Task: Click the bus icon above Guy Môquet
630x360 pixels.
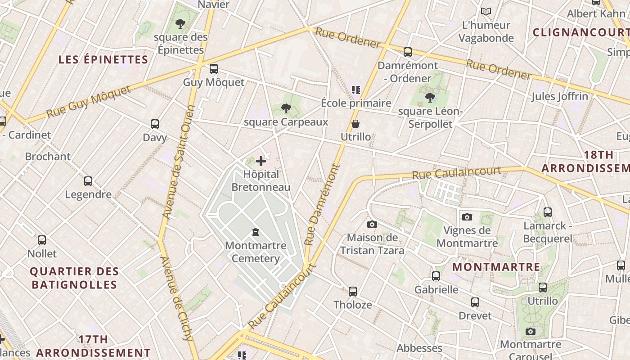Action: click(214, 69)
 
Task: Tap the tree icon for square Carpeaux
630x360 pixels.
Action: click(285, 108)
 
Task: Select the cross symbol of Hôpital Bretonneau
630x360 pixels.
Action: click(261, 161)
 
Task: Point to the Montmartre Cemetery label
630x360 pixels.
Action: click(256, 252)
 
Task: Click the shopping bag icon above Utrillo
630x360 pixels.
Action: click(355, 123)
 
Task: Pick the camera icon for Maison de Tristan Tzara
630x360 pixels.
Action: click(372, 224)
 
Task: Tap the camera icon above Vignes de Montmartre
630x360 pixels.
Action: click(467, 217)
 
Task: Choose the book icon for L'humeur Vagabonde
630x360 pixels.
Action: click(486, 12)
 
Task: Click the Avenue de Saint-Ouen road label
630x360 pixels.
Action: click(179, 162)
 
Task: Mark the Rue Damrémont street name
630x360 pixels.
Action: click(323, 205)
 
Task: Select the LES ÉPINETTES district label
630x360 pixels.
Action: click(103, 59)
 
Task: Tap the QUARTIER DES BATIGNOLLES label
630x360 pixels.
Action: click(75, 278)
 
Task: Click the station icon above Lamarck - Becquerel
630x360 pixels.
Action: click(548, 212)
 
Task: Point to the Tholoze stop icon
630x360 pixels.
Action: click(353, 292)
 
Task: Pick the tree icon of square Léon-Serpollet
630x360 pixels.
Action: click(430, 97)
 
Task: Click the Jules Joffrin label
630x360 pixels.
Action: click(560, 96)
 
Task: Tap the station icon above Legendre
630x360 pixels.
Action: click(88, 181)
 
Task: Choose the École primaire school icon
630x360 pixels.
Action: click(356, 90)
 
